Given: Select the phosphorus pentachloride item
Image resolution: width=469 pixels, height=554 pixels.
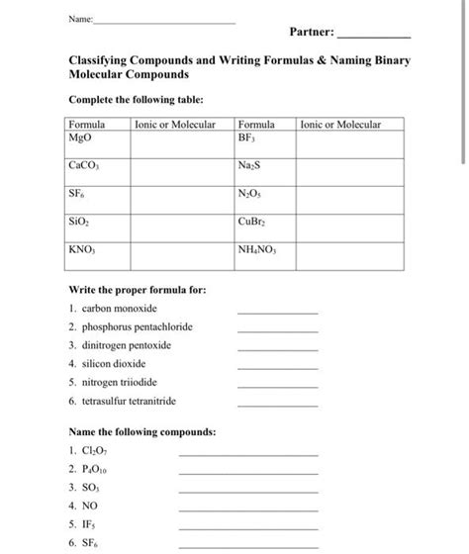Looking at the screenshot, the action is tap(138, 327).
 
